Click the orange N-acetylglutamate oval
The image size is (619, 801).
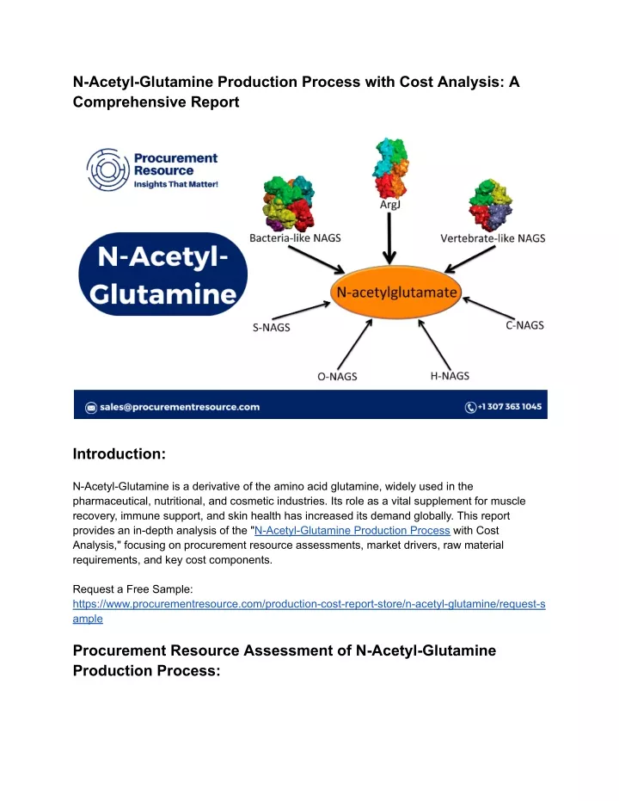click(x=396, y=293)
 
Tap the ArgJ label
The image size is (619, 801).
click(x=389, y=205)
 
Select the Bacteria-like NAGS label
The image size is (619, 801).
click(x=295, y=238)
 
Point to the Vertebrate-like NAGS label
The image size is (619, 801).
click(x=493, y=238)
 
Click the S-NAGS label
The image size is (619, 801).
click(x=272, y=328)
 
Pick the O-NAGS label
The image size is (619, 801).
click(x=337, y=377)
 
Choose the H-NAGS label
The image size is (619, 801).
click(x=450, y=376)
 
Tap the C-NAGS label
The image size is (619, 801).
click(x=524, y=325)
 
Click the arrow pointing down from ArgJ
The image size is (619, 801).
click(x=389, y=238)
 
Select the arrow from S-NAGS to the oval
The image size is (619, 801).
click(x=301, y=311)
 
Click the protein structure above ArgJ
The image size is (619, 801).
click(x=390, y=168)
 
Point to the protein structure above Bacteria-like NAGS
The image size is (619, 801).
click(x=288, y=203)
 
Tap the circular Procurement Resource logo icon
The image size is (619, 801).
click(x=107, y=170)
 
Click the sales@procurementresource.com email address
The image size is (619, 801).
click(x=180, y=407)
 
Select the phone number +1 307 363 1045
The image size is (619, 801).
click(x=509, y=407)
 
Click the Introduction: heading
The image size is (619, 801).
click(x=120, y=453)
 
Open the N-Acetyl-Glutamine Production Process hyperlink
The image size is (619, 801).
click(x=352, y=530)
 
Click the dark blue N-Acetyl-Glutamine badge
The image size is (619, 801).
click(x=162, y=274)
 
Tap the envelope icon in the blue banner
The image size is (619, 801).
click(x=91, y=408)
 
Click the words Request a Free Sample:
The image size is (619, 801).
click(x=132, y=589)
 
